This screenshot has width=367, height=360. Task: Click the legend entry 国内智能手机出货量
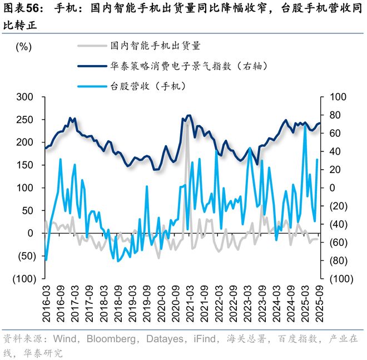(x=155, y=45)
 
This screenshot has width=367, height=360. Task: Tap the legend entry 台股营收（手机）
(x=147, y=86)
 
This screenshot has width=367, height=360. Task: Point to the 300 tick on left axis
(x=26, y=97)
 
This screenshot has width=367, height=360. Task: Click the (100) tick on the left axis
(x=23, y=278)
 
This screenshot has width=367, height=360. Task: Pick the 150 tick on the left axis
(x=26, y=165)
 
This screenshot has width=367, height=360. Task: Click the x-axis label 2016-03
(x=47, y=303)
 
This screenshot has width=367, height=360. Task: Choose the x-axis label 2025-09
(x=319, y=303)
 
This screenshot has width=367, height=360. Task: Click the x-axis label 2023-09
(x=262, y=303)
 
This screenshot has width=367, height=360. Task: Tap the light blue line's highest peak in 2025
(x=305, y=127)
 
